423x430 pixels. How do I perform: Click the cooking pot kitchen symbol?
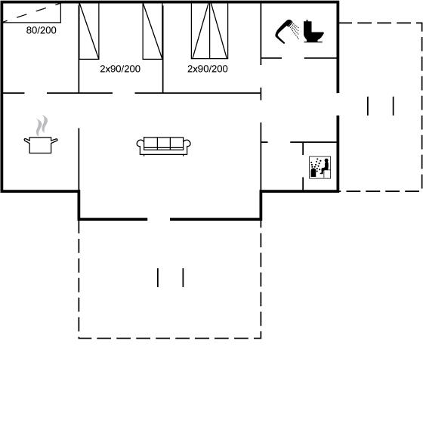click(41, 145)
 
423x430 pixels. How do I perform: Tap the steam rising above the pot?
click(42, 125)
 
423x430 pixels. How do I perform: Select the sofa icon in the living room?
click(164, 146)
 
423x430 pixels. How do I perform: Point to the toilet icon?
click(313, 31)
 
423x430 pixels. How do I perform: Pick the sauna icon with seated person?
click(320, 168)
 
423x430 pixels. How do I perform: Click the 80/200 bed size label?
click(42, 30)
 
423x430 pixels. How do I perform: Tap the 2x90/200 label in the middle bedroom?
click(120, 69)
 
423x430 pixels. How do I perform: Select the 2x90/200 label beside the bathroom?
click(208, 69)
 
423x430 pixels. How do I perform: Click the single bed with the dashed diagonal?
click(32, 13)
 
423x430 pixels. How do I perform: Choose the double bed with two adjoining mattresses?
click(209, 31)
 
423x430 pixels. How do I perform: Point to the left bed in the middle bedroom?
click(89, 31)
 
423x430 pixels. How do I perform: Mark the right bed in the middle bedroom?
click(153, 31)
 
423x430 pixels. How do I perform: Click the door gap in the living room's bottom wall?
click(159, 219)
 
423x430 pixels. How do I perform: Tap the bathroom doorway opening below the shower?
click(293, 58)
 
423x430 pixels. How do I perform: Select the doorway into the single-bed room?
click(36, 93)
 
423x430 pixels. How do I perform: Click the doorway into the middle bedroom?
click(124, 93)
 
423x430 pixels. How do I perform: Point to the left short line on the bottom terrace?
click(158, 278)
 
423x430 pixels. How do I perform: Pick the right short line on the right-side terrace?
click(394, 106)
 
